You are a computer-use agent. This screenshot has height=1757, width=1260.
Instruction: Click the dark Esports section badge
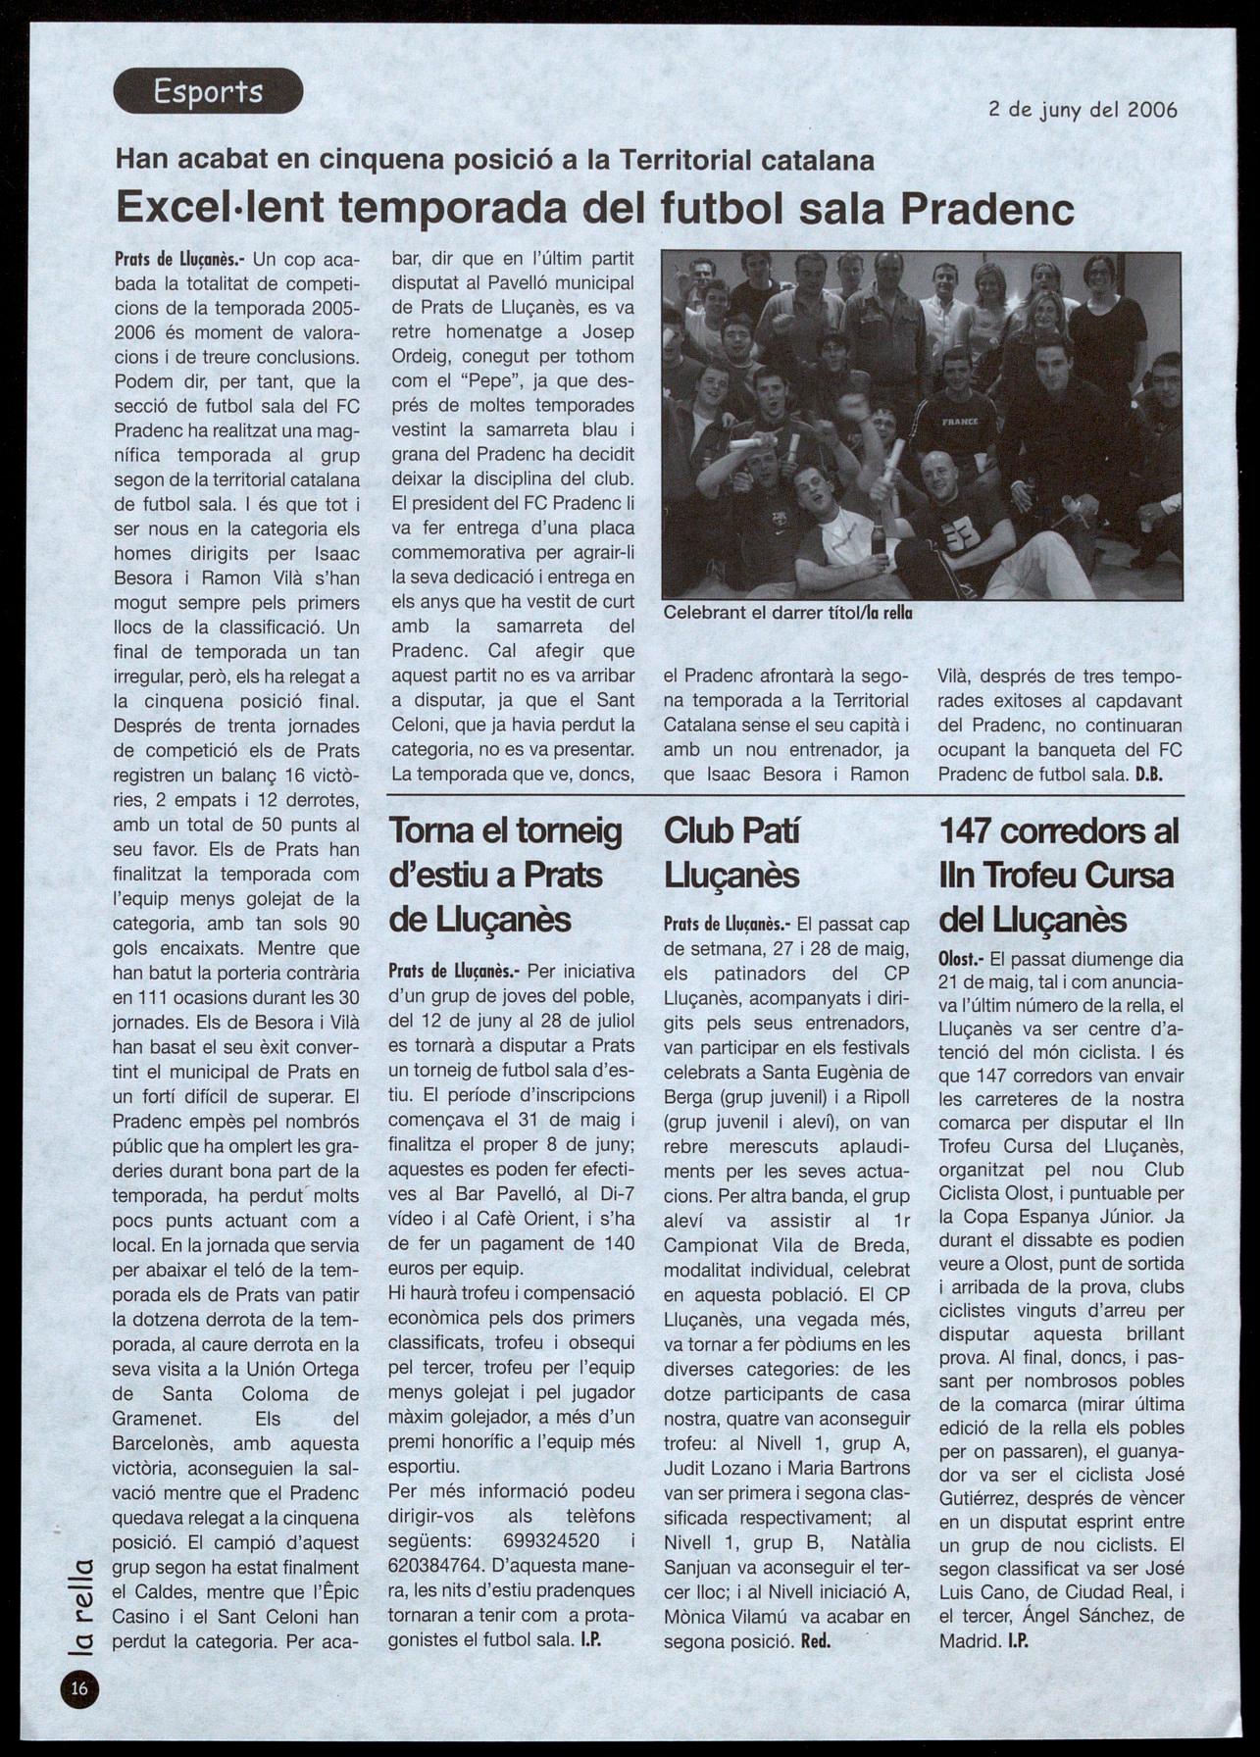(x=208, y=91)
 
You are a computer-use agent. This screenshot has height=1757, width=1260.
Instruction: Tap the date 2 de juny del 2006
(x=1083, y=110)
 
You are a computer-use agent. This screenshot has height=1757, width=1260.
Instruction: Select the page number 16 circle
(x=79, y=1687)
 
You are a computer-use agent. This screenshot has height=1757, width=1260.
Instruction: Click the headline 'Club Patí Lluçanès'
(x=731, y=852)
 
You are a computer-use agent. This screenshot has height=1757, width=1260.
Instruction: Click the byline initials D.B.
(x=1148, y=774)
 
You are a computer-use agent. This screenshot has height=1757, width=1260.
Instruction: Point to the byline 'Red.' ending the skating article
(x=816, y=1641)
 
